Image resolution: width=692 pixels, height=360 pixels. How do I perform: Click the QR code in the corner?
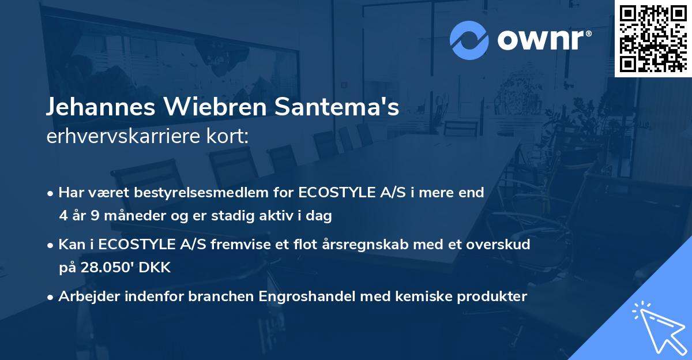click(x=653, y=38)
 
